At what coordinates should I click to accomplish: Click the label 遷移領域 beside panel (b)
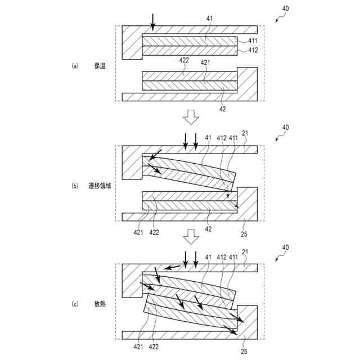click(101, 186)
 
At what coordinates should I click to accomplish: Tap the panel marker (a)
click(75, 66)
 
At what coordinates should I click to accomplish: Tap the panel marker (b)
click(75, 186)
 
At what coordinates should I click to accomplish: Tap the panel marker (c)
click(75, 304)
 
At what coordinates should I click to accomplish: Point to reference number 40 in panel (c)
click(286, 247)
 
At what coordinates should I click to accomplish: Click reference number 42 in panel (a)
click(222, 109)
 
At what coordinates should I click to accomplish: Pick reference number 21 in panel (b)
click(245, 134)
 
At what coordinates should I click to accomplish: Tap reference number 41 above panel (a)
click(209, 19)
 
